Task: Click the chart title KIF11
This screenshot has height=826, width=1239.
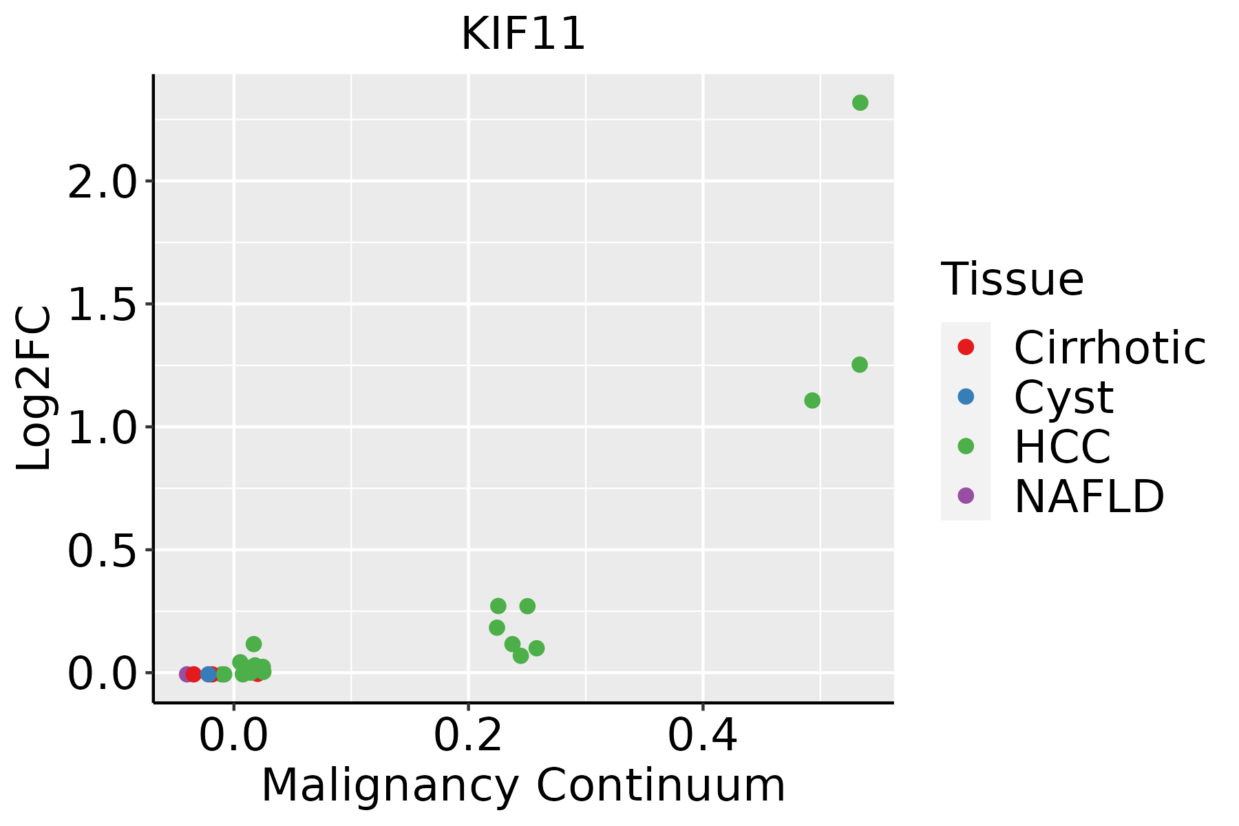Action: (x=523, y=34)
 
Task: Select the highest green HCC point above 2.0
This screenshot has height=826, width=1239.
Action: (x=860, y=103)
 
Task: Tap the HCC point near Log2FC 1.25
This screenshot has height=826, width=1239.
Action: (x=859, y=364)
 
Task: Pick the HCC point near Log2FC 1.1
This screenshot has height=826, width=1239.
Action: (x=812, y=400)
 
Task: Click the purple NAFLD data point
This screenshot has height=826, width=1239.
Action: (x=186, y=674)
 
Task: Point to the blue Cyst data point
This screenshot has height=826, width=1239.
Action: (x=209, y=674)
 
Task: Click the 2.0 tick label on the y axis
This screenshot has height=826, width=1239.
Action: (x=102, y=182)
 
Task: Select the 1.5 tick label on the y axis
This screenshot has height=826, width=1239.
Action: (x=102, y=304)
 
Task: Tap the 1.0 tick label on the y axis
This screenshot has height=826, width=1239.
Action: (x=102, y=427)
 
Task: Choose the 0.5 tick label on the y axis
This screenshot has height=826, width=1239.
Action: (x=102, y=551)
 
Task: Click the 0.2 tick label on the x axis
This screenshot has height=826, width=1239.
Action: (x=468, y=735)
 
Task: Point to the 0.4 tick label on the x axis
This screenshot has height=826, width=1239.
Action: (x=703, y=735)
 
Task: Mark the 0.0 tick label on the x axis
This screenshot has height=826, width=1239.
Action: (x=233, y=735)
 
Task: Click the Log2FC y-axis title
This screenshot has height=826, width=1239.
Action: (x=34, y=388)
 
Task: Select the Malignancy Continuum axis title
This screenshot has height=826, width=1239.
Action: (x=523, y=785)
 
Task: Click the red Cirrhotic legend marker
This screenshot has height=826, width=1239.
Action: (x=966, y=347)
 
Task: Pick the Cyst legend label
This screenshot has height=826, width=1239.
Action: (x=1063, y=397)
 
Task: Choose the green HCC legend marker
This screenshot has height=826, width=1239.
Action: (x=966, y=446)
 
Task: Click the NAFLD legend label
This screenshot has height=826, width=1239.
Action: (x=1089, y=496)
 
